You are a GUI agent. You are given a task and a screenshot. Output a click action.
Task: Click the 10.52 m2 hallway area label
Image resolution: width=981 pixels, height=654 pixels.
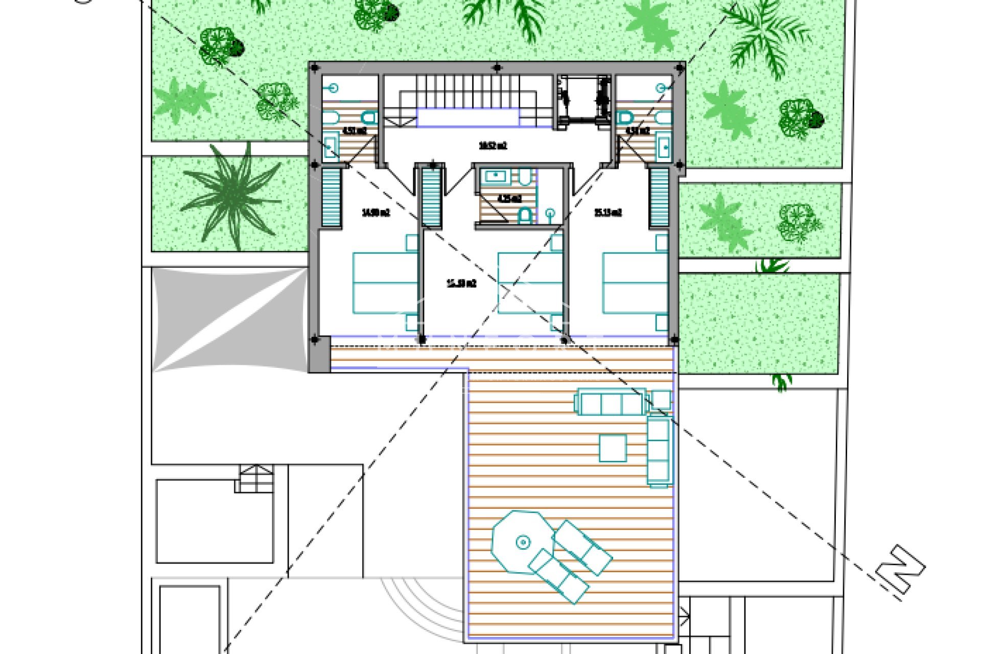tap(493, 146)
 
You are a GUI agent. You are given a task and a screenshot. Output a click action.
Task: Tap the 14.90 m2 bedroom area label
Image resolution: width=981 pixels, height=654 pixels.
tap(376, 213)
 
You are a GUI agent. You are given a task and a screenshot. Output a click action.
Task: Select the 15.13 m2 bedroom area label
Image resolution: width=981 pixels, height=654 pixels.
tap(608, 213)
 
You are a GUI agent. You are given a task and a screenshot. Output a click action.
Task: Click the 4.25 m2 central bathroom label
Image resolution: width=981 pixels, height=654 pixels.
tap(509, 198)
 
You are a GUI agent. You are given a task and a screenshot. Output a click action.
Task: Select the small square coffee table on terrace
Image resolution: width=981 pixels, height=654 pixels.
tap(613, 448)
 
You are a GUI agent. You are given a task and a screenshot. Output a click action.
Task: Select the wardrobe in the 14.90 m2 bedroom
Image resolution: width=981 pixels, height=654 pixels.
tap(331, 197)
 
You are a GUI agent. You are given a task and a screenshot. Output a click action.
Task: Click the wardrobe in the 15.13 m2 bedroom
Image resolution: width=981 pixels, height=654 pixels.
tap(659, 197)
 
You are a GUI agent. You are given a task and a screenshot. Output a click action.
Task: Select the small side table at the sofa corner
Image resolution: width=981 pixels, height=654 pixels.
tap(662, 400)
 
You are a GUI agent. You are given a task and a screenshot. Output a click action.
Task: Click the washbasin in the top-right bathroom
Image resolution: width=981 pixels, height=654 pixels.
tap(664, 146)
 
